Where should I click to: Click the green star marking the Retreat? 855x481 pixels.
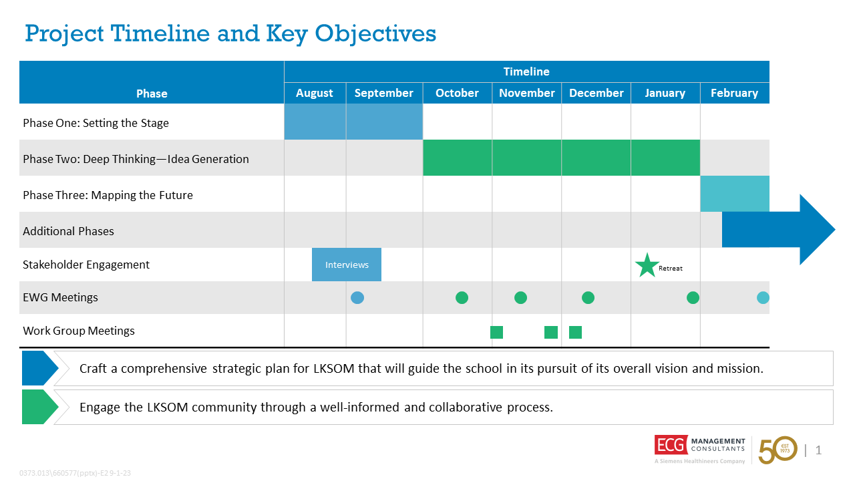(x=647, y=266)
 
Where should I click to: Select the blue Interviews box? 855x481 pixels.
(x=347, y=265)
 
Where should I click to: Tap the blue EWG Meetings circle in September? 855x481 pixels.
(x=357, y=298)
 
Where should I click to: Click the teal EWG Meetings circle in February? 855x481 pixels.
(x=763, y=298)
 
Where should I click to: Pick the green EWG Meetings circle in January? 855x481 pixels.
(x=693, y=298)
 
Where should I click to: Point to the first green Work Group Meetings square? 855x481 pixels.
(x=496, y=332)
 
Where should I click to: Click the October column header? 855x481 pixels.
(x=457, y=93)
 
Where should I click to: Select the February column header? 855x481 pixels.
(x=734, y=93)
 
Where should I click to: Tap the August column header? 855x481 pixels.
(x=315, y=93)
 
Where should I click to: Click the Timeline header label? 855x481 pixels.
(x=526, y=71)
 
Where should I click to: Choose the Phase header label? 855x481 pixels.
(x=152, y=94)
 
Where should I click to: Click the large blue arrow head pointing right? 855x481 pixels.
(x=816, y=230)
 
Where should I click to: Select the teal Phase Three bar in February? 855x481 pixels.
(x=735, y=194)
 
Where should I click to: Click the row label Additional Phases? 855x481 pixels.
(x=68, y=231)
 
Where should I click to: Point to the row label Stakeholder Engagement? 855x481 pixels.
(x=86, y=265)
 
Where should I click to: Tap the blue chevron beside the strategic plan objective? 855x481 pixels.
(x=39, y=368)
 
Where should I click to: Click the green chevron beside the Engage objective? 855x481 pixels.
(x=39, y=407)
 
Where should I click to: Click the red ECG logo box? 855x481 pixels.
(x=669, y=445)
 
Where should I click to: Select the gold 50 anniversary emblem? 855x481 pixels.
(x=778, y=450)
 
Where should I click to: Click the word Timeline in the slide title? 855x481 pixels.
(x=160, y=33)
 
